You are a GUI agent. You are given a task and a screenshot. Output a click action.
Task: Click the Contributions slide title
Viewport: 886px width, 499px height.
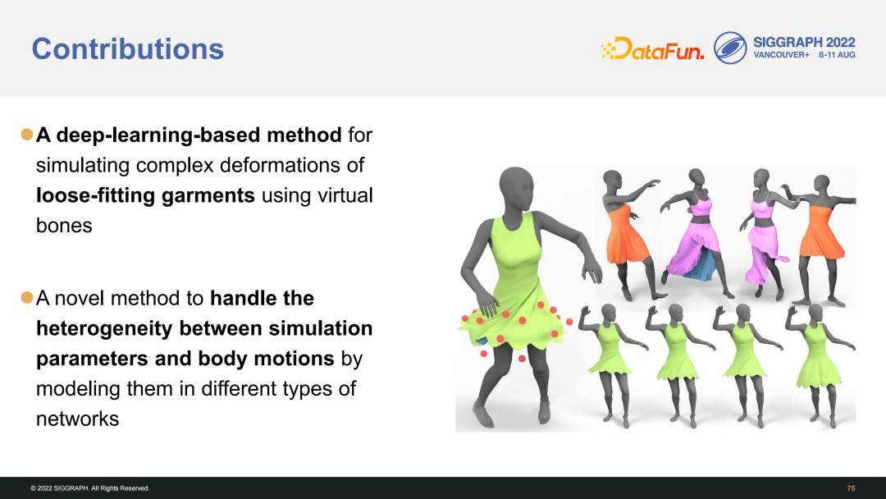coord(128,49)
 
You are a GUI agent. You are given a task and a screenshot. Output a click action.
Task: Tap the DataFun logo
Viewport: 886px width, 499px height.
coord(653,48)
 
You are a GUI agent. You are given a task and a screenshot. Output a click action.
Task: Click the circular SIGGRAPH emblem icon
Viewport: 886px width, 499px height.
coord(730,48)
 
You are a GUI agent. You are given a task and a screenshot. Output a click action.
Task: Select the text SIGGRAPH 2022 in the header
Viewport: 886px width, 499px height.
coord(804,43)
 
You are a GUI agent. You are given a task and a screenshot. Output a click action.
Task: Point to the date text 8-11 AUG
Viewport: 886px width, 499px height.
coord(837,55)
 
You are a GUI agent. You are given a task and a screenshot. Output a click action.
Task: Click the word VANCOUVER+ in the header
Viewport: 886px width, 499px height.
coord(781,55)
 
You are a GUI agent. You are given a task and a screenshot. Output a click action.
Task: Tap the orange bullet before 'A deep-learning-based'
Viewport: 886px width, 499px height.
coord(27,135)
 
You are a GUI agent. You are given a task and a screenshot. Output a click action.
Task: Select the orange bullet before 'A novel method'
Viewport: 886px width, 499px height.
coord(27,297)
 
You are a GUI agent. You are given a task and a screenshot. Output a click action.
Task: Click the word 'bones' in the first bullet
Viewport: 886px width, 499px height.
coord(64,226)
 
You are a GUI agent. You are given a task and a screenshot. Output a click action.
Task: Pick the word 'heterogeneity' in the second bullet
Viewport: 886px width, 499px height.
coord(104,328)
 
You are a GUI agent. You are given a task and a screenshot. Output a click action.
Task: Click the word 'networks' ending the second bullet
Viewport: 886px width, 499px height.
coord(77,419)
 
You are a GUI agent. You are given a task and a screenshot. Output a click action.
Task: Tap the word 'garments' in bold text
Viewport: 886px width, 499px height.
coord(208,195)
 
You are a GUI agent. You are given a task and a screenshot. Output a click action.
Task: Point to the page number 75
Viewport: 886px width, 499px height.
coord(851,488)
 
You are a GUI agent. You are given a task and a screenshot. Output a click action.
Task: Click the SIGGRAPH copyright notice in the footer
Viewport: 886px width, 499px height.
coord(90,488)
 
